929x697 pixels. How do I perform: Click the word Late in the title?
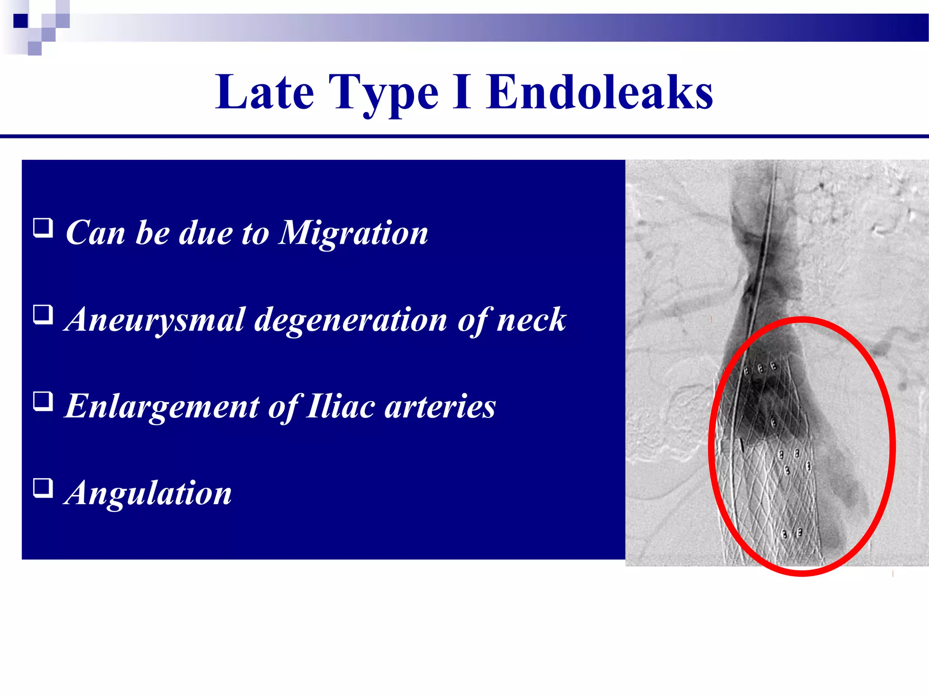[x=264, y=93]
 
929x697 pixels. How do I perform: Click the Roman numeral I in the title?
[x=462, y=93]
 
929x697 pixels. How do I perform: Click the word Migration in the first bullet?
[x=353, y=233]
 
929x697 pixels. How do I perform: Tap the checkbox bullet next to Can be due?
[x=43, y=228]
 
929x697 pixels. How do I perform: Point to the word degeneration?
[x=351, y=320]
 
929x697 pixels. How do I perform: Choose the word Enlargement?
[x=162, y=406]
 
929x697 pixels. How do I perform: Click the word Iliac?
[x=340, y=406]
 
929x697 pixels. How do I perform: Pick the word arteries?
[x=440, y=406]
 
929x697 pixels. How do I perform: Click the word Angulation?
[x=148, y=493]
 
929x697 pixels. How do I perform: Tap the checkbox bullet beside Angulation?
[x=43, y=488]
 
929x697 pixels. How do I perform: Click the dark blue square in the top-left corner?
[x=20, y=20]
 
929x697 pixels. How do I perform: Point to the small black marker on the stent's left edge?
[x=742, y=445]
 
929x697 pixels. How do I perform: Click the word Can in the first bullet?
[x=95, y=233]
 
